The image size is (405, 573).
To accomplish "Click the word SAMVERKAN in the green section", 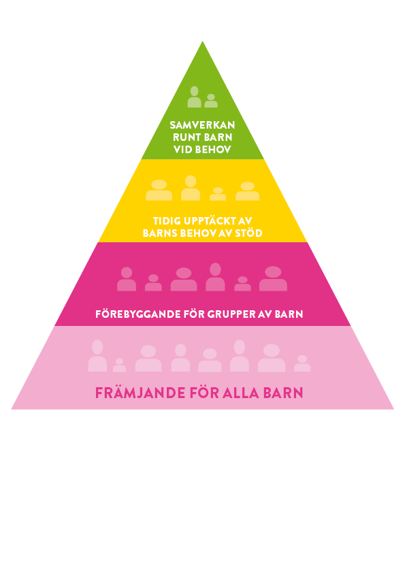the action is pyautogui.click(x=202, y=125).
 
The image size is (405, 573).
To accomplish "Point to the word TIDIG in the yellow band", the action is pyautogui.click(x=167, y=221).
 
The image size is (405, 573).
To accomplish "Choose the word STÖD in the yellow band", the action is pyautogui.click(x=248, y=233).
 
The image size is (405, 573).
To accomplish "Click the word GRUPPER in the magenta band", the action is pyautogui.click(x=231, y=314).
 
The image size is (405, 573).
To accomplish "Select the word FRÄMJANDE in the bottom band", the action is pyautogui.click(x=140, y=393).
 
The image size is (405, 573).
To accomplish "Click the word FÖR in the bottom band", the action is pyautogui.click(x=204, y=393).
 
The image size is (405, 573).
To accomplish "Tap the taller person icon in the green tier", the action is pyautogui.click(x=195, y=97).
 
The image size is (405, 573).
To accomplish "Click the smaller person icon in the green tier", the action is pyautogui.click(x=211, y=101).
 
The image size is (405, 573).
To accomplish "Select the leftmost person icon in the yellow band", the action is pyautogui.click(x=159, y=190).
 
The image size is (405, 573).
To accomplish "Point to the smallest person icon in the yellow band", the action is pyautogui.click(x=218, y=194).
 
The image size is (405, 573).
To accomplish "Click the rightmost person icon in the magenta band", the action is pyautogui.click(x=273, y=278).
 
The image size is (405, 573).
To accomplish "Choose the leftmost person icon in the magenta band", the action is pyautogui.click(x=127, y=279).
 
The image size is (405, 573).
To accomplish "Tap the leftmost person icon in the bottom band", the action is pyautogui.click(x=97, y=355).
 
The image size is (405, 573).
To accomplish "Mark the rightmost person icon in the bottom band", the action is pyautogui.click(x=302, y=363).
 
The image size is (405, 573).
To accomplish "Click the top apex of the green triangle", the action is pyautogui.click(x=203, y=42).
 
